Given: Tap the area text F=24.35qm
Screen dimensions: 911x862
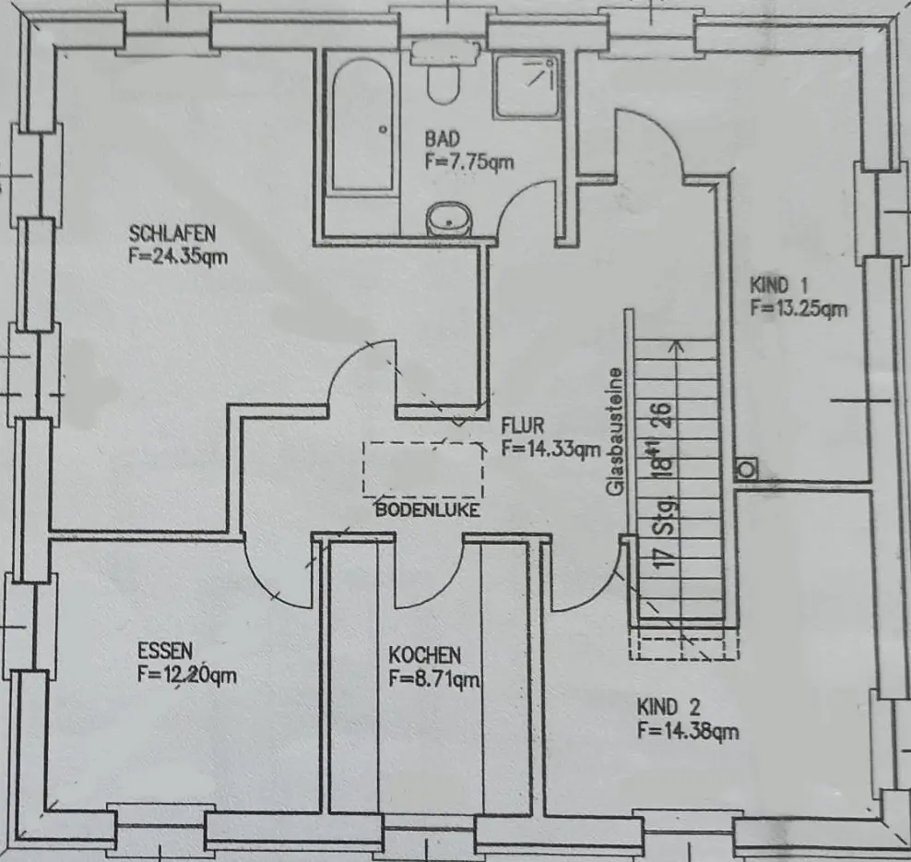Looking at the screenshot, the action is pos(178,256).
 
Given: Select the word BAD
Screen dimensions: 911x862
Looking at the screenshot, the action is pos(442,138).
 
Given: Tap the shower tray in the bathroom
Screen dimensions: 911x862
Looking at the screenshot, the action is pos(526,85).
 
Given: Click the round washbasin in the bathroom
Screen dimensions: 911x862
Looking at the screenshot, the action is pos(449,220).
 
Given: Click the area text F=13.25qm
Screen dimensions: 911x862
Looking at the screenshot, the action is pos(799,309).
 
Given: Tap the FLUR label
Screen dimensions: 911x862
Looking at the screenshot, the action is pos(524,426).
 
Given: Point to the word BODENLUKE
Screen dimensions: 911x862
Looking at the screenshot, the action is pos(427,509).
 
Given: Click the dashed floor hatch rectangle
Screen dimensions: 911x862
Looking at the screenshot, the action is pos(423,470).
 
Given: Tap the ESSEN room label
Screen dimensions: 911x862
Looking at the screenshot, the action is pos(165,652).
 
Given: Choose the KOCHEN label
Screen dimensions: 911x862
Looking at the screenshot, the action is pos(424,655).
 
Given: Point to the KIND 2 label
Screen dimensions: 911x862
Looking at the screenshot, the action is pos(669,708).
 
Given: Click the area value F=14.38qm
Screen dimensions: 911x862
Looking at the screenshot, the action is pos(688,732).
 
